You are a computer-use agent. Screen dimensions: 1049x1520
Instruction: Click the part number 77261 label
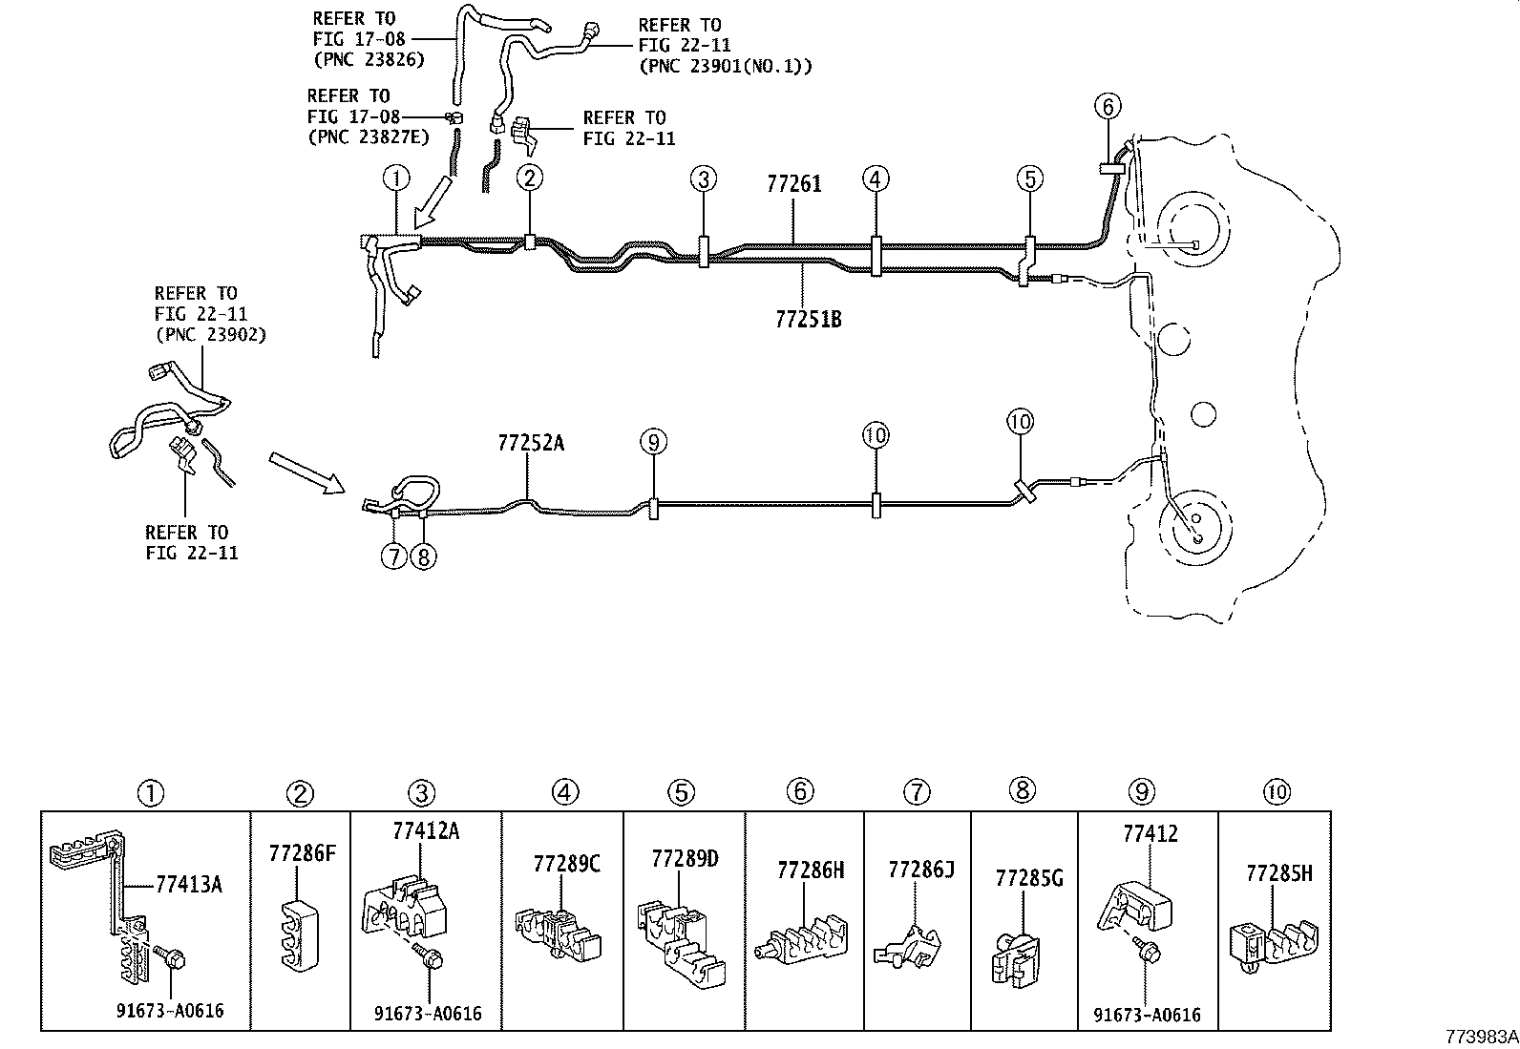coord(792,184)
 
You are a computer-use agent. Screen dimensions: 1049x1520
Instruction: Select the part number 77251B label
coord(808,319)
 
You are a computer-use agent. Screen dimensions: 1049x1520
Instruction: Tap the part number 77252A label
coord(530,443)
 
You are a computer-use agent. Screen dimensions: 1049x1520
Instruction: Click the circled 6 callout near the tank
coord(1108,106)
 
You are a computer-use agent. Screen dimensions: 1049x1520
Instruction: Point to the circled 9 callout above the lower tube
coord(653,441)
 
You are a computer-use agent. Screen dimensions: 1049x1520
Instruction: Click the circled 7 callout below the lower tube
coord(393,556)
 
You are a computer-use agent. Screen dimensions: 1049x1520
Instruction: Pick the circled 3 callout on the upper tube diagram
coord(704,178)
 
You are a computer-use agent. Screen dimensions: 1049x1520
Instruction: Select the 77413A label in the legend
coord(188,885)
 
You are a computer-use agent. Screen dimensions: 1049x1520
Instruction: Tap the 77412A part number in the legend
coord(425,830)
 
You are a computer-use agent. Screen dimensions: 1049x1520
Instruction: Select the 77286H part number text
coord(811,870)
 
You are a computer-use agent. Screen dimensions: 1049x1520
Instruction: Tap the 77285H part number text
coord(1278,873)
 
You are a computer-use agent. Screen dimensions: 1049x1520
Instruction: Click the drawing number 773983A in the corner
coord(1479,1037)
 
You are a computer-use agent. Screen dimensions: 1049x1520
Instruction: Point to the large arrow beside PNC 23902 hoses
coord(306,473)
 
